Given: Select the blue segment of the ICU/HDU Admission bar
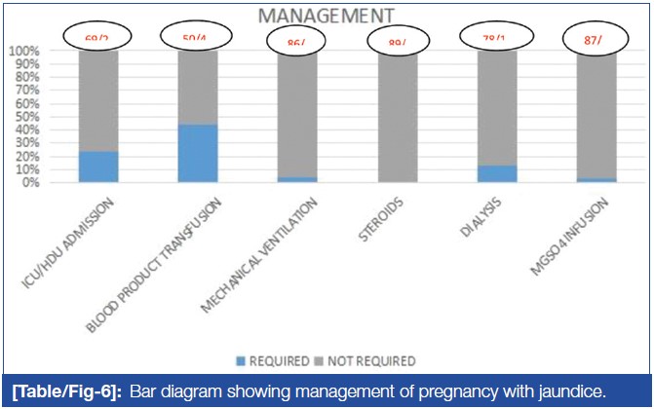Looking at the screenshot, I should point(98,167).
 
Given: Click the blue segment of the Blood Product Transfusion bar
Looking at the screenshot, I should point(198,153).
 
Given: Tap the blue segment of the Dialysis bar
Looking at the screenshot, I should point(497,173).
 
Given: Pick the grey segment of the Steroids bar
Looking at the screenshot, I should point(397,116).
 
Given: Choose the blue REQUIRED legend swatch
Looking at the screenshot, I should point(240,360).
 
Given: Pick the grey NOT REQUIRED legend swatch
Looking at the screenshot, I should point(323,360).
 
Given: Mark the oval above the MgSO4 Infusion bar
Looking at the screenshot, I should point(596,40).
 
